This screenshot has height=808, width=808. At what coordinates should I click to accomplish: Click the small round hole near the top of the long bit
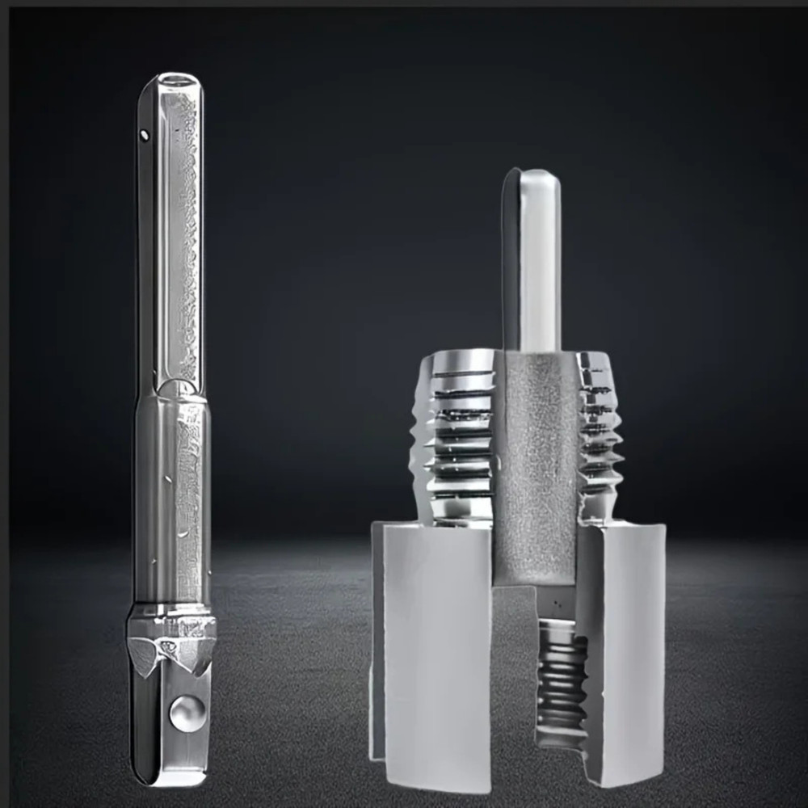145,135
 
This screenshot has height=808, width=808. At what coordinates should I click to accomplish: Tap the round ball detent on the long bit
186,713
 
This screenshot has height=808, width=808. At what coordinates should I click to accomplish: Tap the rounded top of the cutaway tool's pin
533,174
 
